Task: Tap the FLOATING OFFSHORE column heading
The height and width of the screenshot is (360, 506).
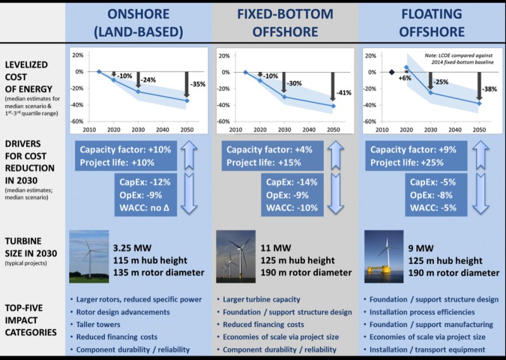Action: point(432,23)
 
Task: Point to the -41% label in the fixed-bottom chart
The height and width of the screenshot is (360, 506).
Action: point(343,92)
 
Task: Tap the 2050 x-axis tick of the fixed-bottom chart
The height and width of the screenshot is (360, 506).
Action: point(332,129)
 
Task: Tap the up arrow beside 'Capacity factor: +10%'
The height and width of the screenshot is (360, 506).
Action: point(191,156)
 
